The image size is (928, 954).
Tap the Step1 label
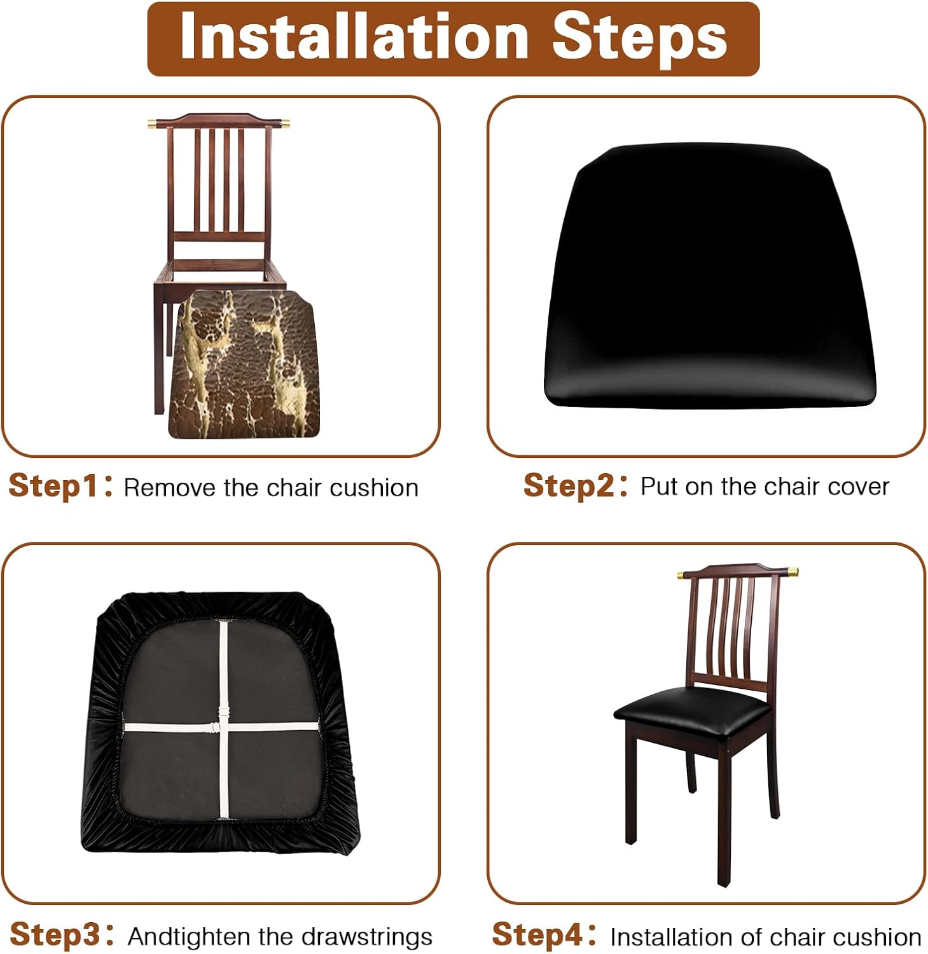click(x=53, y=487)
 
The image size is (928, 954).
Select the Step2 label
click(x=568, y=486)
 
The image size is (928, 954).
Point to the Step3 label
click(x=55, y=935)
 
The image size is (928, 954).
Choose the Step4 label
click(x=537, y=935)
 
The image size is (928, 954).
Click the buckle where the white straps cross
click(x=223, y=726)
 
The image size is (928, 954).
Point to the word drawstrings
click(x=366, y=937)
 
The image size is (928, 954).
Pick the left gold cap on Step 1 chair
click(x=153, y=121)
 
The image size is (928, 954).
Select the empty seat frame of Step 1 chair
click(x=219, y=273)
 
